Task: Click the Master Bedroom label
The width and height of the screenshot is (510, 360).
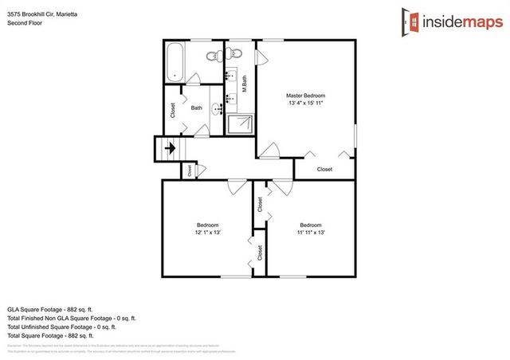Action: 306,96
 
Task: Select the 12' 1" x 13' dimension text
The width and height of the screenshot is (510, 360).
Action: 207,233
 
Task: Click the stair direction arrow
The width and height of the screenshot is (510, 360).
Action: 169,147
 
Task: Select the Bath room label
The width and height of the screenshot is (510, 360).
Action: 197,108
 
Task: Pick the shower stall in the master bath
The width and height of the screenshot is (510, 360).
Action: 241,123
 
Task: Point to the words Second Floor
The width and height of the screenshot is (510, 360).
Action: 25,24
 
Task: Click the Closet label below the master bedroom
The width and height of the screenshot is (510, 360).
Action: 324,169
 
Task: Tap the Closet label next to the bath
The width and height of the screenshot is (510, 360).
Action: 173,112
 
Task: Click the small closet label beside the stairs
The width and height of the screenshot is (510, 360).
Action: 190,170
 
